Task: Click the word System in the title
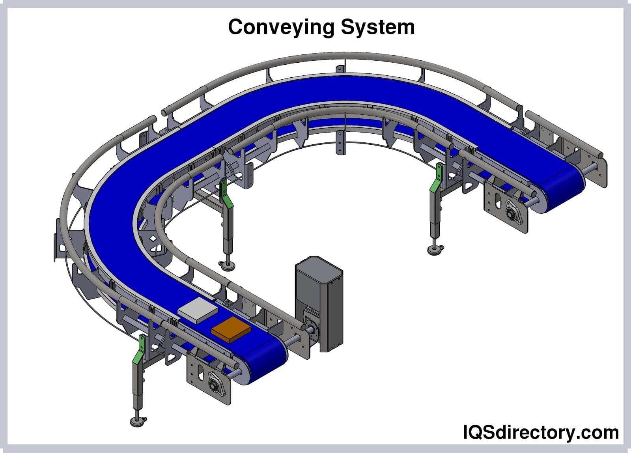click(377, 28)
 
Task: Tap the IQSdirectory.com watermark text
click(540, 432)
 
